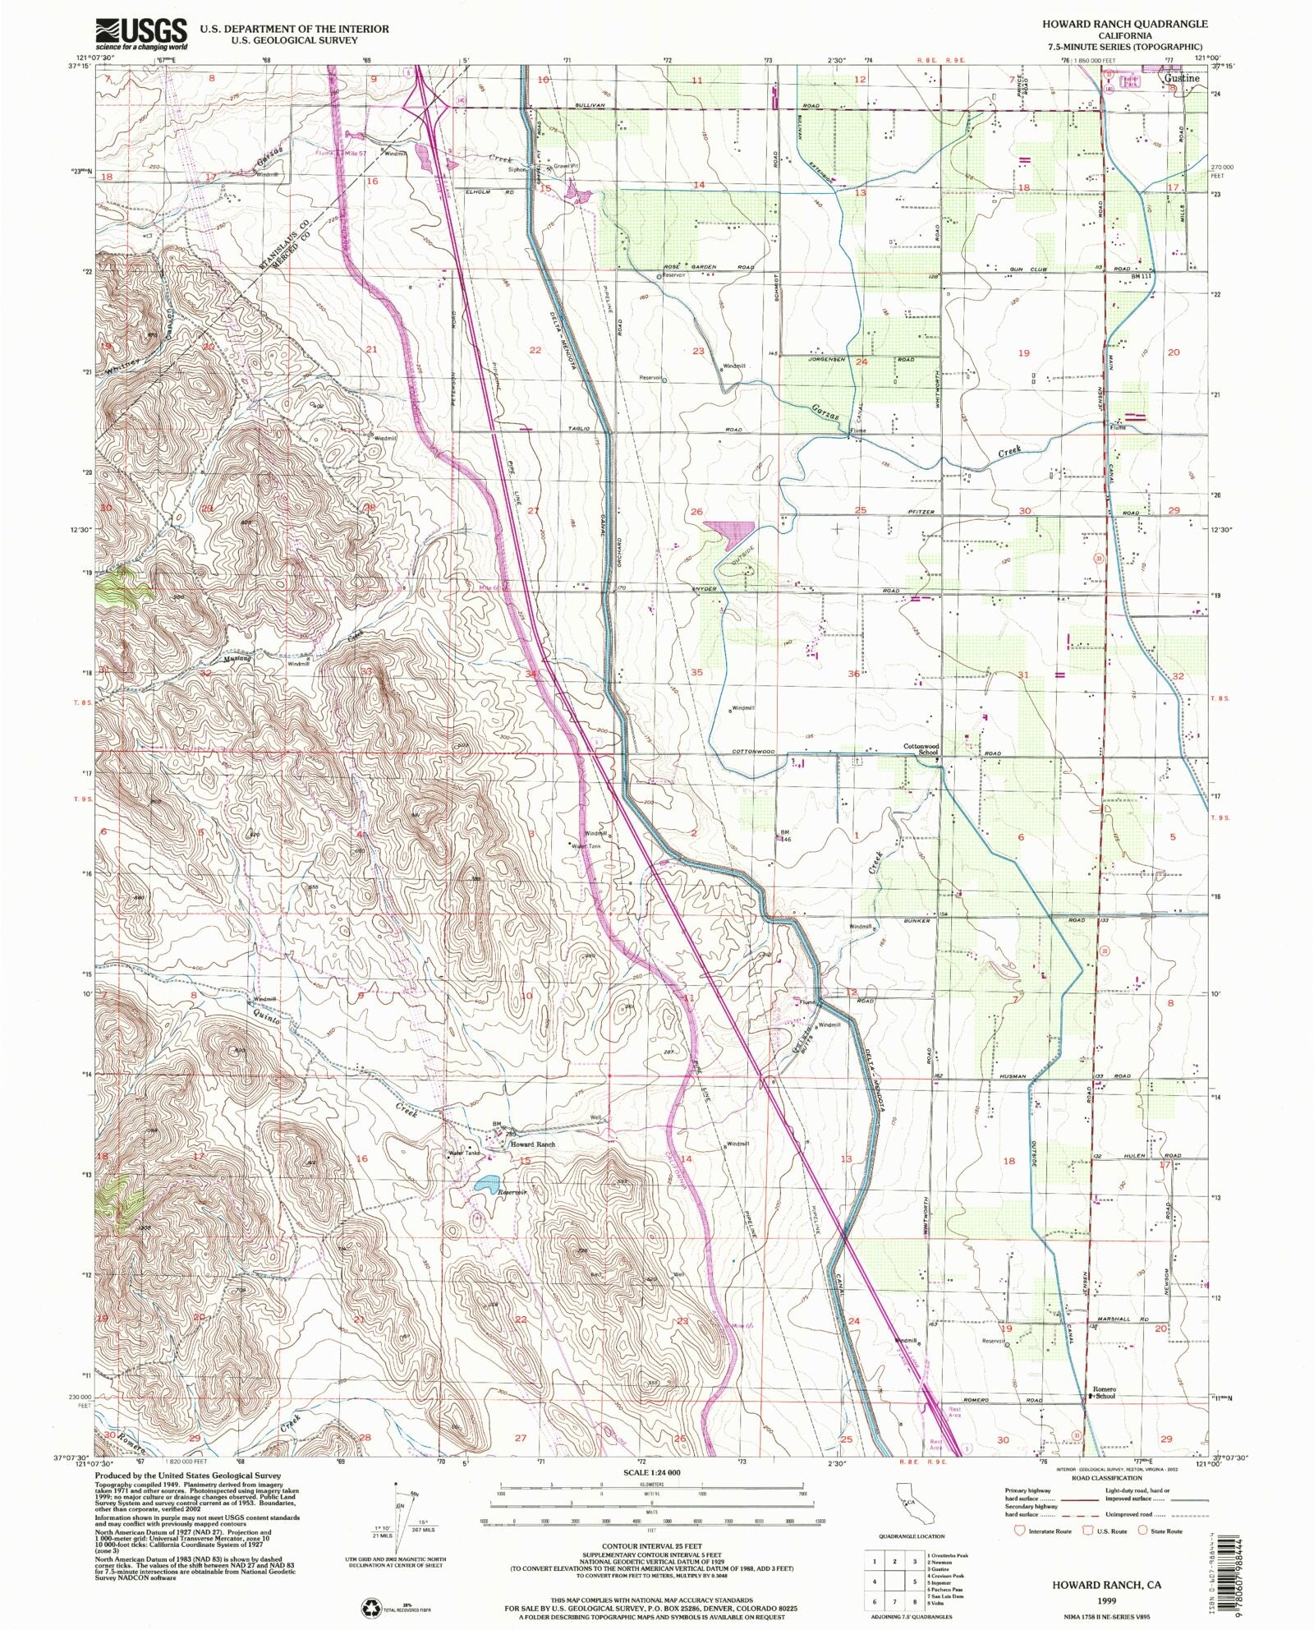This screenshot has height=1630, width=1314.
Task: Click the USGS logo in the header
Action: point(142,34)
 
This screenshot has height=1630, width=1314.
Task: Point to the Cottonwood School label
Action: point(921,749)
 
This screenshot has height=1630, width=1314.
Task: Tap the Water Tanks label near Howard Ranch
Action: point(463,1153)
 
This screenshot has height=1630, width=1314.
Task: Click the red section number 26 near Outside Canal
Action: point(696,512)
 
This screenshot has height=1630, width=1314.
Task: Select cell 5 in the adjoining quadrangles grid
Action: point(915,1581)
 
